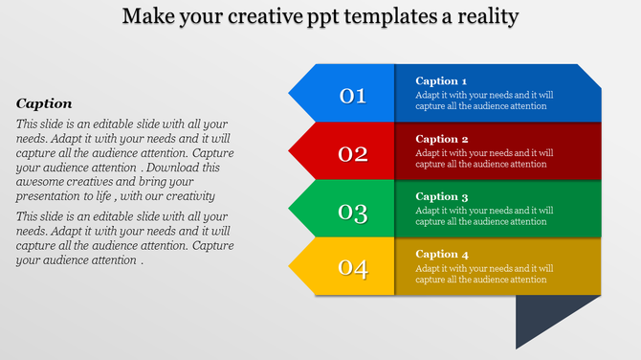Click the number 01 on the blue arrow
coord(353,95)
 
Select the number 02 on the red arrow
coord(353,153)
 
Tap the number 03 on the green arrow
coord(353,212)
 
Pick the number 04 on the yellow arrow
coord(353,269)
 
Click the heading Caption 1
coord(442,81)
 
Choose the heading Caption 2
coord(442,139)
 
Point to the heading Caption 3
coord(442,196)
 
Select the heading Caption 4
coord(442,254)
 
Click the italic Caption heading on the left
coord(44,103)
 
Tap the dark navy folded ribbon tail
coord(545,318)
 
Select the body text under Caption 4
coord(484,274)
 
